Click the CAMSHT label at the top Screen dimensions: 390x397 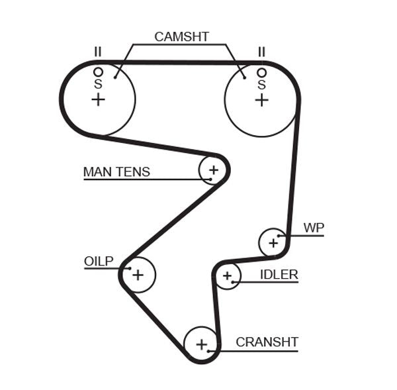tap(181, 36)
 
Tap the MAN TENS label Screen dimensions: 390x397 tap(116, 172)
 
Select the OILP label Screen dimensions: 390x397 tap(99, 261)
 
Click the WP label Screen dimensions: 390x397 tap(314, 228)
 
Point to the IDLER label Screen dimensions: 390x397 tap(279, 274)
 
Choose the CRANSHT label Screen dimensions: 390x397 tap(267, 342)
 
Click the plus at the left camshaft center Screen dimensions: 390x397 tap(98, 99)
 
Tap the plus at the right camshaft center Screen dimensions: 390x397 tap(261, 99)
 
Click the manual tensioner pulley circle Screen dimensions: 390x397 tap(213, 170)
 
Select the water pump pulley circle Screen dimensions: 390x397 tap(273, 242)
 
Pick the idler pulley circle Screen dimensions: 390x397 tap(228, 275)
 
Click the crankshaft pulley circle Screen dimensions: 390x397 tap(201, 344)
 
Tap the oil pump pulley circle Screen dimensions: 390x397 tap(138, 273)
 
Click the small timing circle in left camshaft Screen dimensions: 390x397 tap(98, 72)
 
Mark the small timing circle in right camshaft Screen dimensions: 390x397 tap(261, 72)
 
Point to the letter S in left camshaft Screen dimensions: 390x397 tap(98, 84)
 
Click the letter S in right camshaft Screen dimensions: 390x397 tap(261, 84)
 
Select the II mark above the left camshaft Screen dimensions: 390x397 tap(98, 52)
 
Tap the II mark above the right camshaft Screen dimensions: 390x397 tap(261, 52)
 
